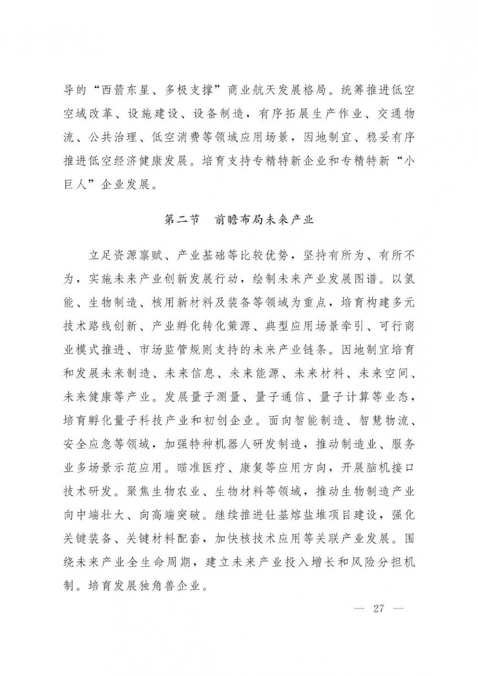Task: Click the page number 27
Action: click(379, 609)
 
